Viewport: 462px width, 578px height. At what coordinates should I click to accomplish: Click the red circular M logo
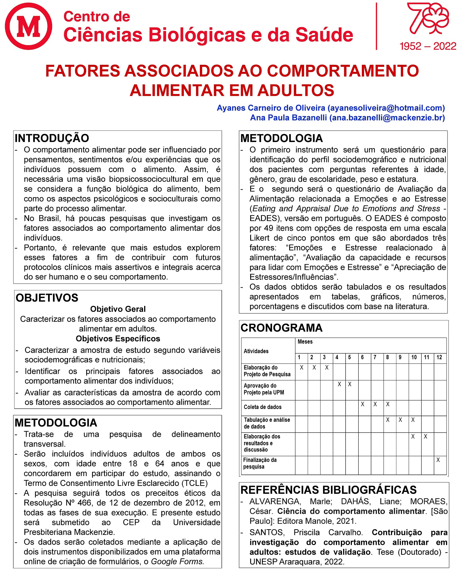point(28,26)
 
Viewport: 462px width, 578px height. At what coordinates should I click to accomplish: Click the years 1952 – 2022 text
point(428,46)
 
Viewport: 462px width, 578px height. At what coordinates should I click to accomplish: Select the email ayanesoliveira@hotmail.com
point(386,108)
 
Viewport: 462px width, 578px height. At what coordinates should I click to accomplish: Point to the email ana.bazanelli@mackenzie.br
point(387,118)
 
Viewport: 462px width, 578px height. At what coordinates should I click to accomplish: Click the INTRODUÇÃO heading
point(52,138)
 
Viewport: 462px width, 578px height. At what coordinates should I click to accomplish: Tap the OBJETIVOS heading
point(47,298)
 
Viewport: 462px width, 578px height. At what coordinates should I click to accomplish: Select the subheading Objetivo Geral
point(118,309)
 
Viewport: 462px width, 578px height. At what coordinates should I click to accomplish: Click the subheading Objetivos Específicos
point(118,339)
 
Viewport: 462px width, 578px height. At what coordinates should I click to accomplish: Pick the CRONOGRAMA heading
point(282,328)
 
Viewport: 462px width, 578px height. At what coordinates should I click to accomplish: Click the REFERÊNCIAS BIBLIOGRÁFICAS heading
point(328,490)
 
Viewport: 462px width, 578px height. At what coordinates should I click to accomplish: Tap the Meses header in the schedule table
point(305,342)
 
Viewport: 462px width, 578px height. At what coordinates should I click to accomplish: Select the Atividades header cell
point(256,351)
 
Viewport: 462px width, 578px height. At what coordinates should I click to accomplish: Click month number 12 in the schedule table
point(439,357)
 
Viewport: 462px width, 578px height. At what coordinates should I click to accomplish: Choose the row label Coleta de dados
point(263,407)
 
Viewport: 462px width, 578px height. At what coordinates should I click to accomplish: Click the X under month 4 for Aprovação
point(339,384)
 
